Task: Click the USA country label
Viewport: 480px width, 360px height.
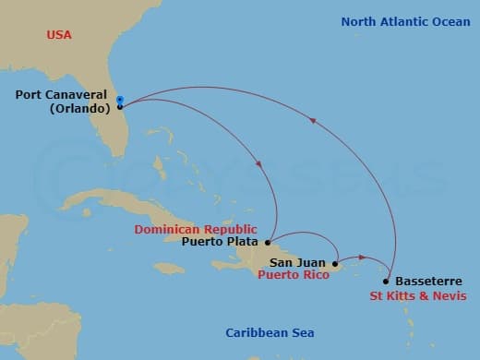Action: (60, 35)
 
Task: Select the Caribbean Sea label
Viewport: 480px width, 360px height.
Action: (270, 333)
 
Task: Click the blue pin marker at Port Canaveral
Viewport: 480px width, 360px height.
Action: (120, 100)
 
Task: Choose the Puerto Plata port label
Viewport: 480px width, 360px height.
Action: (218, 243)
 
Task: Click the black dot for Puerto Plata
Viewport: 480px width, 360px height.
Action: (270, 243)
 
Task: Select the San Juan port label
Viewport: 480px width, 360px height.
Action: (297, 263)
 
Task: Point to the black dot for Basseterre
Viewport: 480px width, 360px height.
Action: (386, 282)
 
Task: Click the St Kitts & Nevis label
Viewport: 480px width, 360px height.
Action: (417, 295)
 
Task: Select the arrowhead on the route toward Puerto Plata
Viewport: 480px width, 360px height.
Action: (258, 164)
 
